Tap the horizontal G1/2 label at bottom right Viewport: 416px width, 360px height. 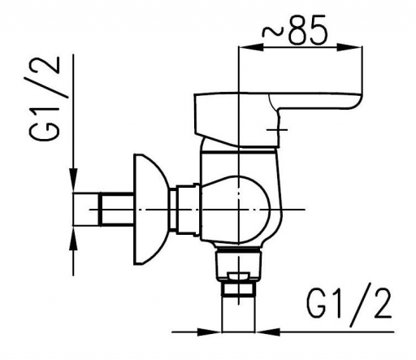[x=349, y=307]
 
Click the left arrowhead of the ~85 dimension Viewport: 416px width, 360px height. [x=250, y=46]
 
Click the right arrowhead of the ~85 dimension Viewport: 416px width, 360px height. [x=349, y=46]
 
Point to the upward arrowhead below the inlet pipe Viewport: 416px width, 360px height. [x=73, y=238]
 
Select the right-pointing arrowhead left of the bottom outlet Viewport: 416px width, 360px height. [x=210, y=332]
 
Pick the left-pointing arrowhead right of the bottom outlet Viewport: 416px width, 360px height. [x=267, y=332]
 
